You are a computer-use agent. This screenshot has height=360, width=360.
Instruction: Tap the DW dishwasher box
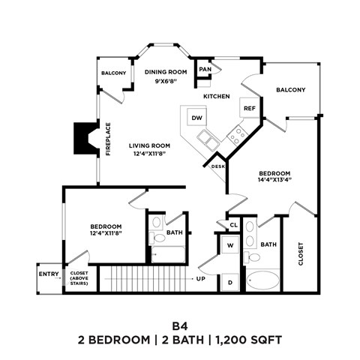pyautogui.click(x=196, y=118)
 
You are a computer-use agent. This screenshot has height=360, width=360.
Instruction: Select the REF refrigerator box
pyautogui.click(x=249, y=108)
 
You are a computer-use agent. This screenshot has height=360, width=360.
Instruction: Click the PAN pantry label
pyautogui.click(x=205, y=69)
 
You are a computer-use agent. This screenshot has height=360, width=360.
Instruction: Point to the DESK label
pyautogui.click(x=218, y=166)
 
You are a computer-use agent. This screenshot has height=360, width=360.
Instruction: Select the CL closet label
pyautogui.click(x=233, y=225)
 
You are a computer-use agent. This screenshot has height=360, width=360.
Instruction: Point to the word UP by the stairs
pyautogui.click(x=201, y=279)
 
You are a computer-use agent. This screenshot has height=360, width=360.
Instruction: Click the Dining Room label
pyautogui.click(x=166, y=72)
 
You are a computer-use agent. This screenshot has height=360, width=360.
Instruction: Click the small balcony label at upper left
pyautogui.click(x=114, y=73)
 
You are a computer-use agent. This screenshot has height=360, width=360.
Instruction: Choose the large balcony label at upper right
pyautogui.click(x=290, y=90)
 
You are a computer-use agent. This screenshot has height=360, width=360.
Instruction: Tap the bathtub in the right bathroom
pyautogui.click(x=262, y=281)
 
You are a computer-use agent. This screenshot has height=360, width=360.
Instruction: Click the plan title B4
pyautogui.click(x=179, y=326)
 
